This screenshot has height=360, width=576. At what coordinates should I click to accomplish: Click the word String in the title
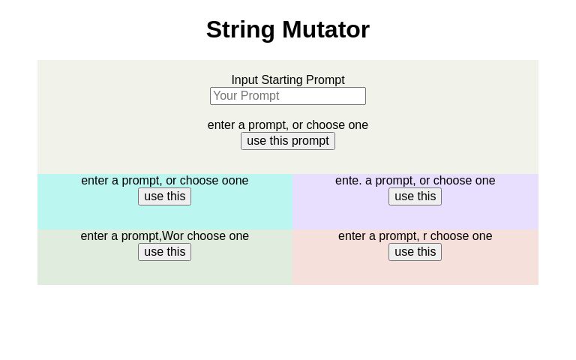click(x=241, y=29)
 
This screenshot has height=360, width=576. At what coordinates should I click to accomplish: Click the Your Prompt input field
click(x=288, y=96)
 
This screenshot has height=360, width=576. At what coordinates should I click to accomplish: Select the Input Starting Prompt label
click(x=288, y=80)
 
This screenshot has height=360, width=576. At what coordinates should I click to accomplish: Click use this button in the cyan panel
click(x=164, y=196)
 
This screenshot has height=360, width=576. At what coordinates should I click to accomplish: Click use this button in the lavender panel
click(x=415, y=196)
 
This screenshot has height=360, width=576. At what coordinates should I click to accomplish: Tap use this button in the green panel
click(x=164, y=252)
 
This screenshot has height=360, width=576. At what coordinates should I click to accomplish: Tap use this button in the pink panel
click(x=415, y=252)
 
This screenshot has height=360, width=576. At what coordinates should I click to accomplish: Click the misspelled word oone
click(x=235, y=181)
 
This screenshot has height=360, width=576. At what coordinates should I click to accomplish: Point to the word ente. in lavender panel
click(x=348, y=181)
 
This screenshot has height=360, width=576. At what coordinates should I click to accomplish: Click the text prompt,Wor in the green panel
click(x=155, y=236)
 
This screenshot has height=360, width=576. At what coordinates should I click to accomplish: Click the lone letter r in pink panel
click(x=424, y=236)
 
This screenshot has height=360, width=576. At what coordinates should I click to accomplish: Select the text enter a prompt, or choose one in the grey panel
click(x=288, y=125)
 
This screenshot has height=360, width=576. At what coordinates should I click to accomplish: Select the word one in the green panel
click(x=238, y=236)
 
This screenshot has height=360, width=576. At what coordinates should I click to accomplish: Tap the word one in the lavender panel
click(x=485, y=181)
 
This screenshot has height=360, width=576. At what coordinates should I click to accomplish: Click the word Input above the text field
click(x=244, y=80)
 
